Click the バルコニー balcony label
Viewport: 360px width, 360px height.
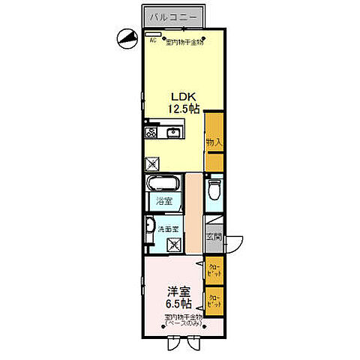(172, 16)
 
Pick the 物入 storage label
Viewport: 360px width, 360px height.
(214, 142)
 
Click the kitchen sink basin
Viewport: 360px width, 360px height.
(175, 133)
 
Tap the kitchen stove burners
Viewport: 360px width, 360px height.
(151, 133)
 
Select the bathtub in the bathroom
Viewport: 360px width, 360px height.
(162, 184)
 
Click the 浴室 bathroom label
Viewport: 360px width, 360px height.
(163, 201)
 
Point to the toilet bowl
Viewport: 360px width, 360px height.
(214, 187)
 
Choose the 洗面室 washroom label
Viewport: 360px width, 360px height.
(167, 229)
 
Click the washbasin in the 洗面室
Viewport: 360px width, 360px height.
(151, 228)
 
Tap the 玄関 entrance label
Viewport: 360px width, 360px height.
(214, 238)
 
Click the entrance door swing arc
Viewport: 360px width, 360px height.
(235, 241)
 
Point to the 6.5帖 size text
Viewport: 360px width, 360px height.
(178, 304)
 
